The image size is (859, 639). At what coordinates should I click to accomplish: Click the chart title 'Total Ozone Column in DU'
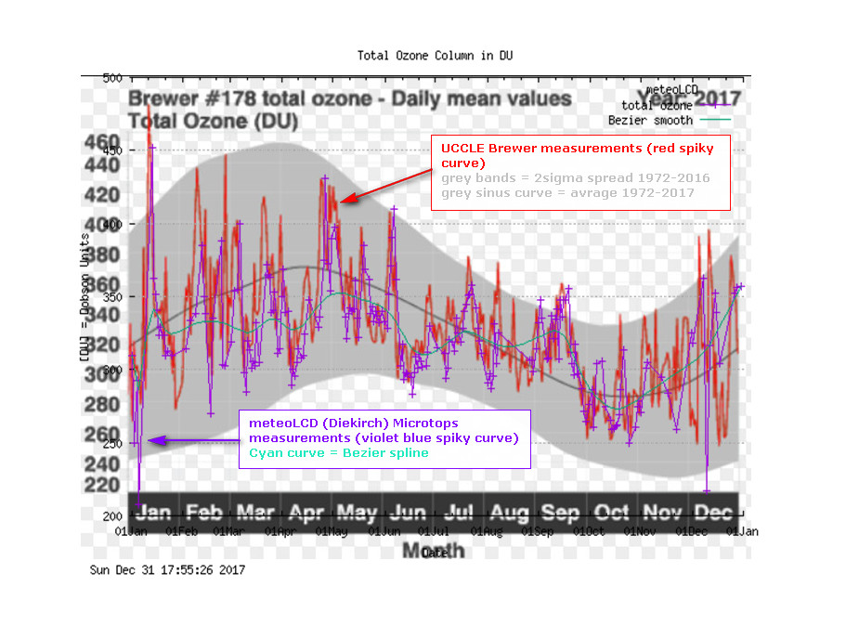[x=435, y=56]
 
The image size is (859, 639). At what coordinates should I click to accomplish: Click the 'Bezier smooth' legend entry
[x=650, y=120]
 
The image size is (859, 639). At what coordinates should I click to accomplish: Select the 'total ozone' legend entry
[x=657, y=106]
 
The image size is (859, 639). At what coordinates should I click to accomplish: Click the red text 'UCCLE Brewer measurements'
[x=523, y=149]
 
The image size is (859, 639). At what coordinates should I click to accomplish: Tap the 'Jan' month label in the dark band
[x=152, y=512]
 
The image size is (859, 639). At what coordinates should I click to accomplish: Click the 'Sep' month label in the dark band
[x=560, y=512]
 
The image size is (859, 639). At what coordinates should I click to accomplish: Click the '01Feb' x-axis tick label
[x=181, y=531]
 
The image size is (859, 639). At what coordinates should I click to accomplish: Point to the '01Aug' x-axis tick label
[x=484, y=531]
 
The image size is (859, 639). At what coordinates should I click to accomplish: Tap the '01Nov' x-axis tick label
[x=640, y=531]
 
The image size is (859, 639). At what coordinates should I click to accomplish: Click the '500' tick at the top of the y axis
[x=111, y=78]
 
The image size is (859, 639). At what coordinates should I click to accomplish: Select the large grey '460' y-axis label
[x=102, y=143]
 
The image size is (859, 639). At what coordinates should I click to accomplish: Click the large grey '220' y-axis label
[x=102, y=484]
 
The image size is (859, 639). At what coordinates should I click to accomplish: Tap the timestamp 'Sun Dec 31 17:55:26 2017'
[x=167, y=570]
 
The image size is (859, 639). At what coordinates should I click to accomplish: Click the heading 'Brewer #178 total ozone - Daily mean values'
[x=350, y=98]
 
